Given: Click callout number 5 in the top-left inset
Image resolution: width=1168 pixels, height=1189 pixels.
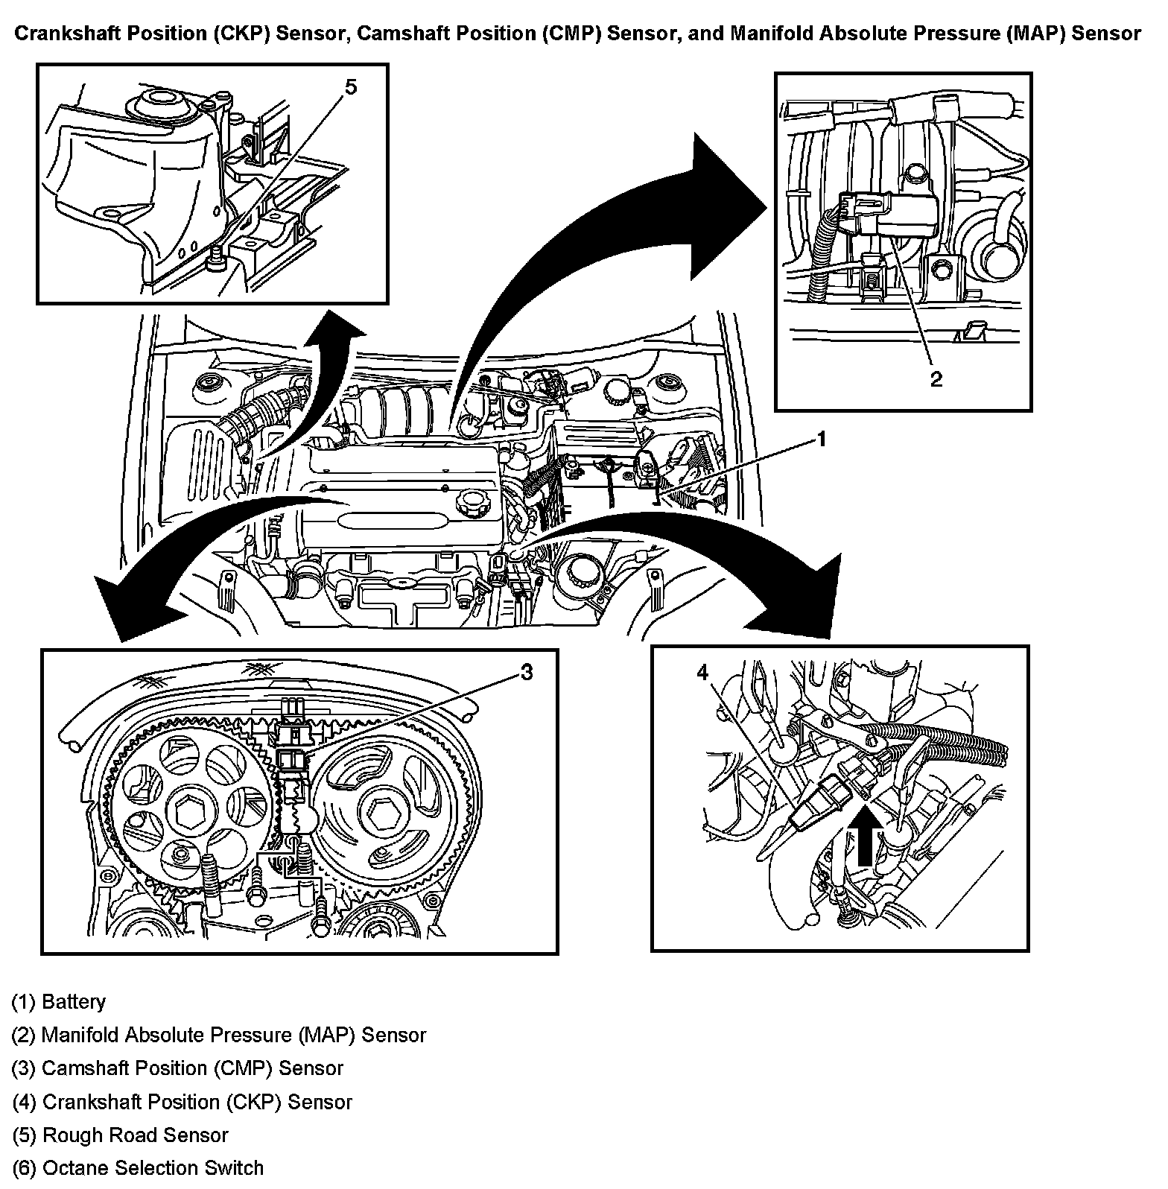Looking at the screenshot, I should pos(350,87).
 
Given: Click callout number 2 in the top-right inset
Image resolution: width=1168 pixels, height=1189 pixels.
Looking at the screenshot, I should pos(936,379).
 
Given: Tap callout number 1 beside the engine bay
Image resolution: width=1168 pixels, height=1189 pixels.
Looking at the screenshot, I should pos(822,439).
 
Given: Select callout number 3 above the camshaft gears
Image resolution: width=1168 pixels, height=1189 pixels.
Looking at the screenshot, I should pos(526,673).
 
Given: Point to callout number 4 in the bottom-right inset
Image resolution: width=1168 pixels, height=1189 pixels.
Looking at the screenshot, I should pos(702,673).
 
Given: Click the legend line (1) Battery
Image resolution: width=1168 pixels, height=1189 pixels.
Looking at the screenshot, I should pos(59,1002).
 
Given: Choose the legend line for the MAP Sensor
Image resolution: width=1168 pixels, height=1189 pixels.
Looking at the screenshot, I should pos(219,1036).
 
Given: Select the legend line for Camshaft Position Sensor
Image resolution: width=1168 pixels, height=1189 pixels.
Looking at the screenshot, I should pos(177,1068).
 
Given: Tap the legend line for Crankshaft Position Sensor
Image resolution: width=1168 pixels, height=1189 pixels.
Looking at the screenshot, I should pos(182,1102).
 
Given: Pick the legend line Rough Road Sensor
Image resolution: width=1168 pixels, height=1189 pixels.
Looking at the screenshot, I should pos(121,1135).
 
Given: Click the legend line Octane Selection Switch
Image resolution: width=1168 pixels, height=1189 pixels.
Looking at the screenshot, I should pos(138,1168).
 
